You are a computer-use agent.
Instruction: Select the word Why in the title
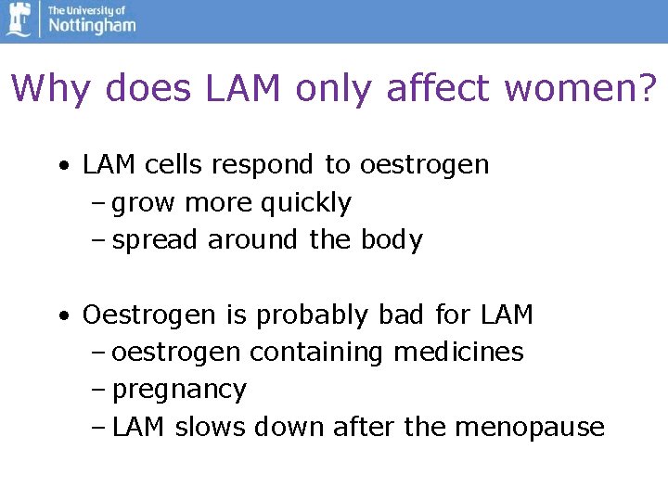click(x=55, y=89)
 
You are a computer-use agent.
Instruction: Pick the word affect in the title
click(x=440, y=89)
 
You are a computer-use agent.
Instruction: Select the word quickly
click(x=306, y=202)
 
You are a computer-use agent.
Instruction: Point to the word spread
click(x=155, y=239)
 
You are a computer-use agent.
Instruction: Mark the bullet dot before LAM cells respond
click(x=61, y=166)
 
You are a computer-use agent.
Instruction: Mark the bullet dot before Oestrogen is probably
click(x=61, y=316)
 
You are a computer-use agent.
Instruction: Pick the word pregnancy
click(x=180, y=391)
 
